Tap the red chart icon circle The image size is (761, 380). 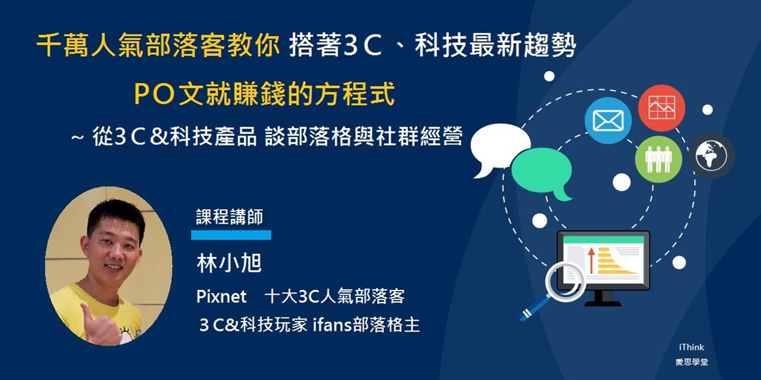[x=662, y=108]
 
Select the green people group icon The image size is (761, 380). [x=658, y=159]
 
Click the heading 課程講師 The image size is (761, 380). [x=230, y=216]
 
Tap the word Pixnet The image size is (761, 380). [x=221, y=297]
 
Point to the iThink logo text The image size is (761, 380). [x=691, y=348]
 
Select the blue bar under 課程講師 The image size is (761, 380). [x=231, y=234]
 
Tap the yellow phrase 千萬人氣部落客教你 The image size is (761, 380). [x=158, y=48]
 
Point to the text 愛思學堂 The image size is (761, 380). [x=691, y=362]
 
